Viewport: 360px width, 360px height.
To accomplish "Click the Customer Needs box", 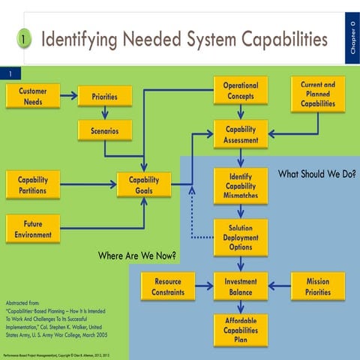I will [33, 96].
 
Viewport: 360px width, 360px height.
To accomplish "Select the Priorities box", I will [104, 96].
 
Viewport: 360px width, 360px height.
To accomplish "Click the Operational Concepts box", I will [241, 91].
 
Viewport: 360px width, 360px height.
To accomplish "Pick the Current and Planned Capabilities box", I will [318, 94].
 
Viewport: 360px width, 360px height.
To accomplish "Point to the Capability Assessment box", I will [241, 135].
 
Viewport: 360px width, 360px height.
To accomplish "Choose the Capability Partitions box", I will [33, 185].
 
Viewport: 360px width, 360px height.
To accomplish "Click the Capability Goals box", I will [144, 185].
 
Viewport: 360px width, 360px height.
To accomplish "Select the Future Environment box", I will [33, 229].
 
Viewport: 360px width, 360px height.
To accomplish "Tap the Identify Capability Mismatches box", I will [241, 185].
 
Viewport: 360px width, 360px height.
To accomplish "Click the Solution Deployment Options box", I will [241, 237].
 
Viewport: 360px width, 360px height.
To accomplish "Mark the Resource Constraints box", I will [168, 286].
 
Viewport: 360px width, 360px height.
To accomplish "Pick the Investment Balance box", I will [241, 286].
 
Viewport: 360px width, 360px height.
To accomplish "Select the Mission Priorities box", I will [318, 286].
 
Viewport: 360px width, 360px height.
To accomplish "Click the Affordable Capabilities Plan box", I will [241, 329].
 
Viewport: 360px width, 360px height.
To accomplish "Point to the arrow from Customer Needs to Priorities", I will [69, 95].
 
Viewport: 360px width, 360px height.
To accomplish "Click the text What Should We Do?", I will [316, 174].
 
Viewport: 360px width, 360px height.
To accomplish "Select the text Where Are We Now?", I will [137, 256].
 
